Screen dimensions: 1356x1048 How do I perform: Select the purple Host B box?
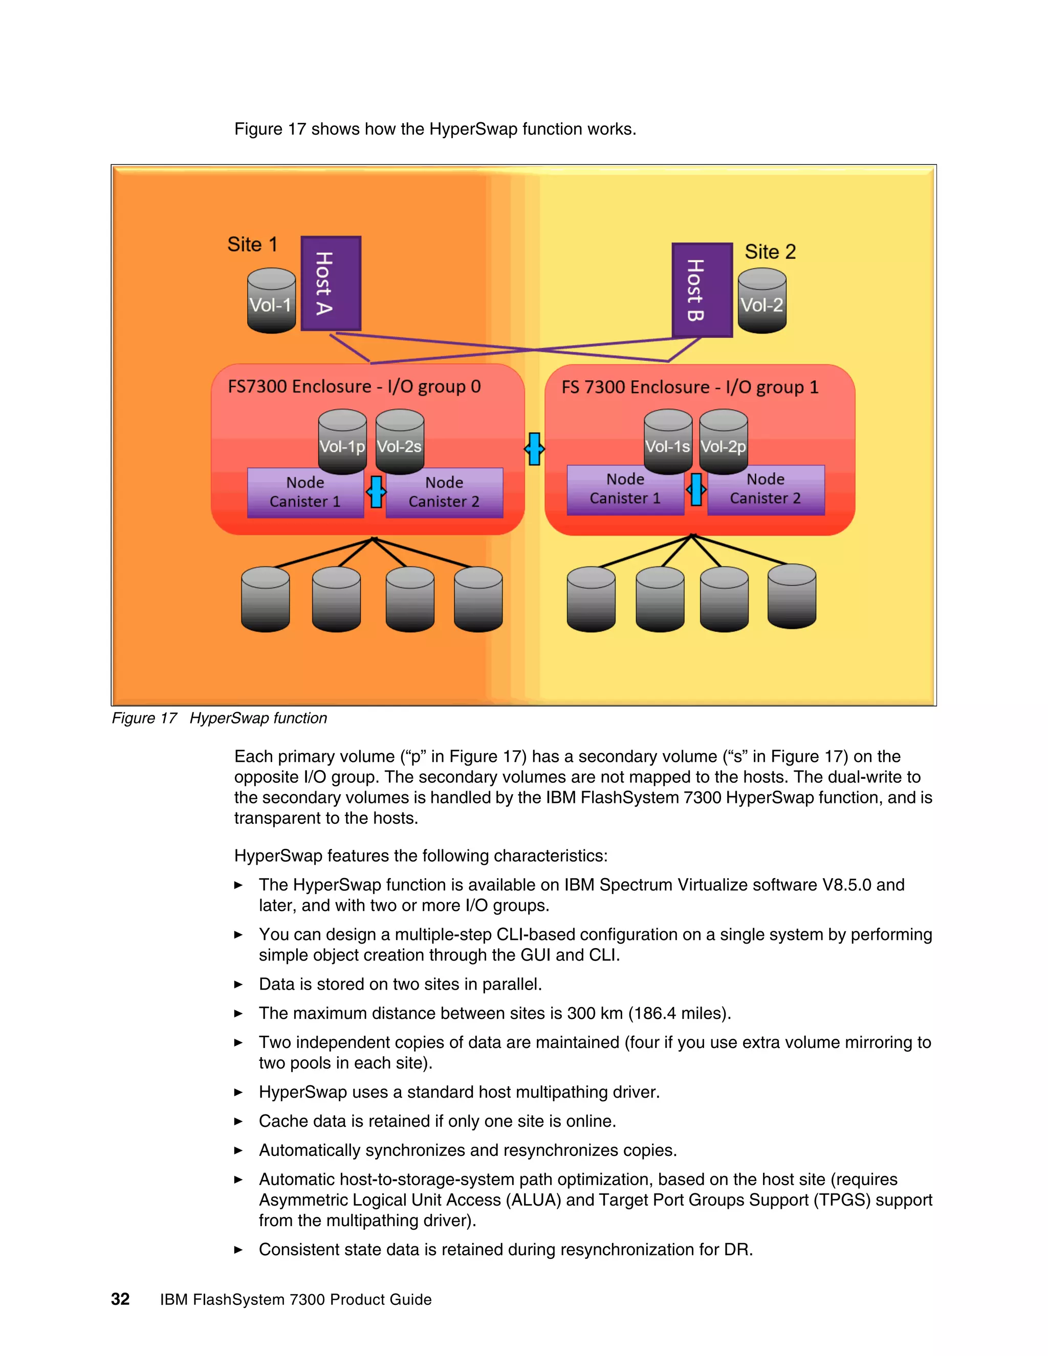702,290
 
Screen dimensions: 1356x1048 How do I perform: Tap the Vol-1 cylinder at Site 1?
271,301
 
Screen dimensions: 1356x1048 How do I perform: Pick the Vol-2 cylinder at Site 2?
762,301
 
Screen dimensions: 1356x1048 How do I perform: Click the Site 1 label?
252,245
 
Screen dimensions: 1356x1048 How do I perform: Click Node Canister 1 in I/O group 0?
305,492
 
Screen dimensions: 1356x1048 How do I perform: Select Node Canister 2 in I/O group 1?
766,489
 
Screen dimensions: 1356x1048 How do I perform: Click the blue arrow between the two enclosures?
534,449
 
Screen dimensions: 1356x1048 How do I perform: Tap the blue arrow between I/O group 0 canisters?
376,492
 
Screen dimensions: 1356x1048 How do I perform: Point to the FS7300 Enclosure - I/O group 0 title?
354,387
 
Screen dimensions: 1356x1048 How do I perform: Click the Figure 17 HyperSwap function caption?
219,718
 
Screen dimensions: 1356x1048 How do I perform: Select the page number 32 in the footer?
120,1300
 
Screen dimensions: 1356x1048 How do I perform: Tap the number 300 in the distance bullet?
581,1013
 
